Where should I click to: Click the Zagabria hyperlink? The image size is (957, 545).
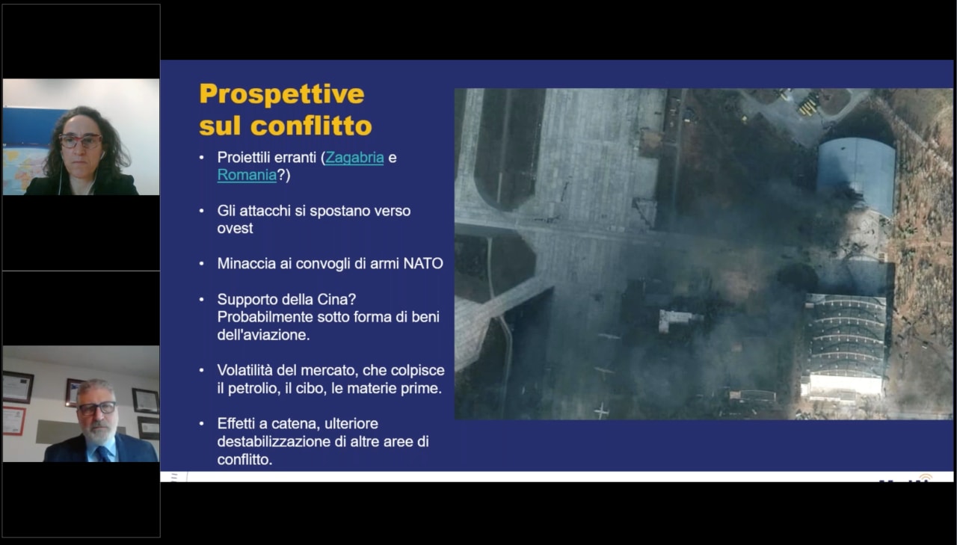tap(354, 158)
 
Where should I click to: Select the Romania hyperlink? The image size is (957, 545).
tap(247, 175)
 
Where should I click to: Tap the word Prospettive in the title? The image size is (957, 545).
tap(282, 94)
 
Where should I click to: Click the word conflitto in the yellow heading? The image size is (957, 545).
tap(311, 126)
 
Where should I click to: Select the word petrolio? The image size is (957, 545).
tap(254, 389)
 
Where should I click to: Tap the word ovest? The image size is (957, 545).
tap(235, 229)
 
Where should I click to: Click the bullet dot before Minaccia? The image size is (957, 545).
tap(202, 264)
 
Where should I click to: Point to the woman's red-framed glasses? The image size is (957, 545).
tap(80, 141)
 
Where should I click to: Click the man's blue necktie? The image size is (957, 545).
tap(103, 454)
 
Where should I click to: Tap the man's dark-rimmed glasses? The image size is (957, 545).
tap(97, 408)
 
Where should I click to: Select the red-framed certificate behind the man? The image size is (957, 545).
tap(14, 421)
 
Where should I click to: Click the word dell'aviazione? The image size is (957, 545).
tap(263, 335)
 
